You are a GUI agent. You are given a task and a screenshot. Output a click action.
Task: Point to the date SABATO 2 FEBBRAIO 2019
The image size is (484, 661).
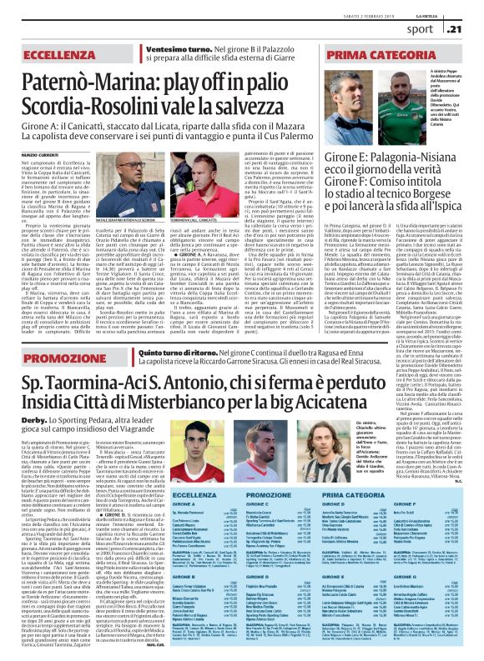pos(346,8)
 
